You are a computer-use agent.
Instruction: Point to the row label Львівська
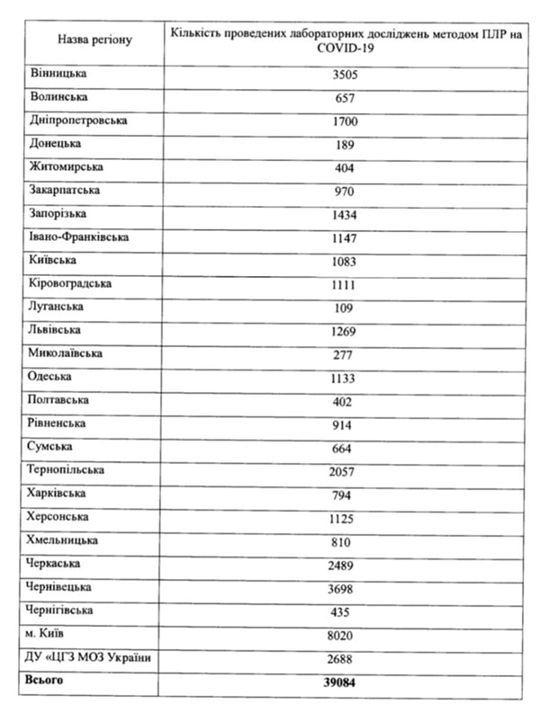point(57,330)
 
